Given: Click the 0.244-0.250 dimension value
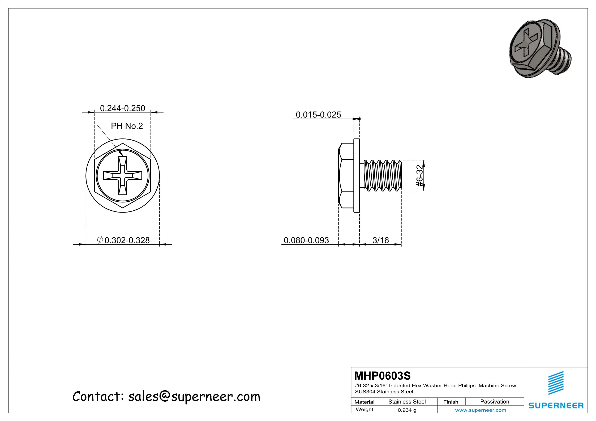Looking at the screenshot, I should point(122,108).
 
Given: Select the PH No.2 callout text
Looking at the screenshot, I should point(127,126).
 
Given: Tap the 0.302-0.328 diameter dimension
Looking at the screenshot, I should point(127,240).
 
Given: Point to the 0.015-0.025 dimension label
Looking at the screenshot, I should point(318,115).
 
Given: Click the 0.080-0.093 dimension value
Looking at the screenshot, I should point(306,240).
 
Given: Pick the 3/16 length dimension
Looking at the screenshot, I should point(380,240).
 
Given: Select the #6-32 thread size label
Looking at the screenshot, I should point(419,176).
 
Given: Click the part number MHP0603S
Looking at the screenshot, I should point(382,376).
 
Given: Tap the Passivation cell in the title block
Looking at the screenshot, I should point(495,402).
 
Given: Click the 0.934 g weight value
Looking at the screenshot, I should point(407,410).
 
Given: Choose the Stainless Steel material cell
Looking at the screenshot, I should point(407,402).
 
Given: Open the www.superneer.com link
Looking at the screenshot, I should point(481,410).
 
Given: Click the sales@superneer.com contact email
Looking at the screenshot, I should point(194,397).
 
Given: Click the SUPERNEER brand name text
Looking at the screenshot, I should point(556,406).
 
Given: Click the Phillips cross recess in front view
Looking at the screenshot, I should point(123,176).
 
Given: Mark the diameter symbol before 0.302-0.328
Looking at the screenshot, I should point(100,240).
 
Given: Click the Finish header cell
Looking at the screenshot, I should point(451,402).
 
